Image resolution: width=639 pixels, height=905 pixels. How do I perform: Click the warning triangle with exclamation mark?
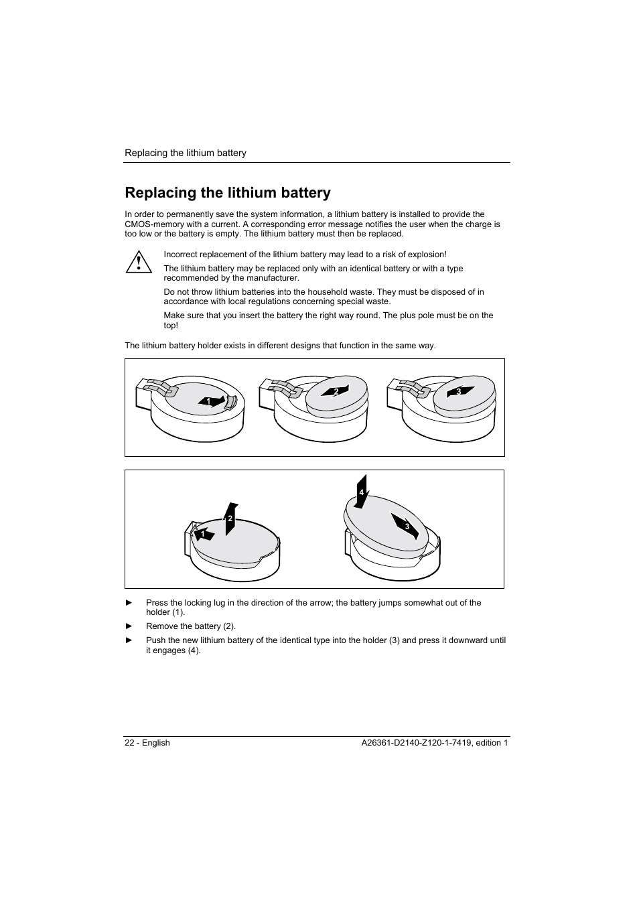tap(138, 261)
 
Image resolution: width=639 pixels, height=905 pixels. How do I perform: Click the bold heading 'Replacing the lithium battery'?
tap(228, 193)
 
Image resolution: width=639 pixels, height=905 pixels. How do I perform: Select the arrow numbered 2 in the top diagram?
tap(336, 391)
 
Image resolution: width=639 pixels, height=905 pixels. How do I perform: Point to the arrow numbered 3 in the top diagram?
tap(461, 391)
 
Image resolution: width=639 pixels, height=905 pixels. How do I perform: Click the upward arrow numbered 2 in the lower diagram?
tap(230, 518)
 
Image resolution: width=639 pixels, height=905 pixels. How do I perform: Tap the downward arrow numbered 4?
tap(362, 491)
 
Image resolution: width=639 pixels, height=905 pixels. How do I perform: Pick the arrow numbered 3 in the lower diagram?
tap(406, 527)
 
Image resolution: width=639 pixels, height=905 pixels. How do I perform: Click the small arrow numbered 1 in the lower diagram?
tap(204, 534)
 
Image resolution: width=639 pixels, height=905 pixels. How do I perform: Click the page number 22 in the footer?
tap(130, 743)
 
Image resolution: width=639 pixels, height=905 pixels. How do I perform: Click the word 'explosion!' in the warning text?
tap(426, 255)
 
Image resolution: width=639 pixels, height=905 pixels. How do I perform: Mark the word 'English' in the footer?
tap(156, 743)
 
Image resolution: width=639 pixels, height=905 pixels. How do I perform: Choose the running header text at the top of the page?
tap(186, 153)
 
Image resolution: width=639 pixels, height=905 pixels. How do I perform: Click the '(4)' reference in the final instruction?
tap(194, 650)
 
